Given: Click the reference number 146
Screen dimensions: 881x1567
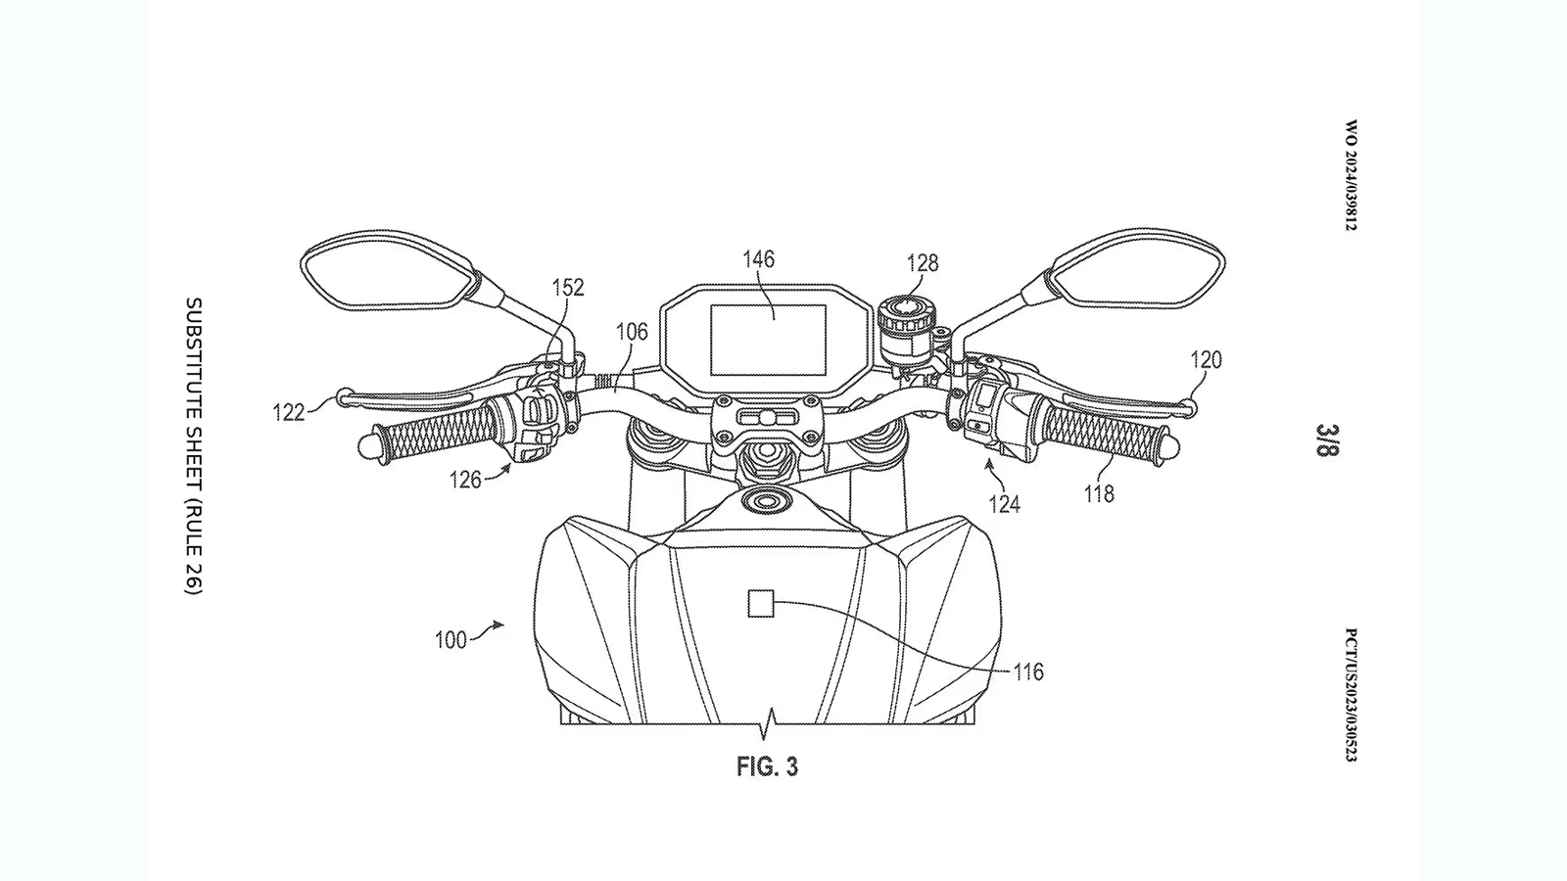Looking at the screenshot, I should (758, 259).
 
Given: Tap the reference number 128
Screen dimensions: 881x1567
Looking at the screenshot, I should (922, 262).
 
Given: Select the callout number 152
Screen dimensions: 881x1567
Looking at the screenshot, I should (568, 287).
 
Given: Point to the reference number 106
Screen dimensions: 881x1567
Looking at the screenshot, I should (632, 332).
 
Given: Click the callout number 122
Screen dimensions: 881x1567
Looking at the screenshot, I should (289, 413).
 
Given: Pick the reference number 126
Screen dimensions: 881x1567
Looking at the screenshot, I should (465, 479).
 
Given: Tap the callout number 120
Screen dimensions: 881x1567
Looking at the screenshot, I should (1206, 360).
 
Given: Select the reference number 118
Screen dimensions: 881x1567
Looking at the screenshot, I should (1099, 494).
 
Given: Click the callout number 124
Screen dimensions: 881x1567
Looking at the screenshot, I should (1004, 504).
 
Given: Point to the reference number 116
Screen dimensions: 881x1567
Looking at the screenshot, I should (1028, 672).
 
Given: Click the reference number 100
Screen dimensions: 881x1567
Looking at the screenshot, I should (451, 641).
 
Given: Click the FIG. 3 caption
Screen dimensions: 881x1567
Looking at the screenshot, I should (767, 766).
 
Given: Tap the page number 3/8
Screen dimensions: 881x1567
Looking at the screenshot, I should (1327, 440).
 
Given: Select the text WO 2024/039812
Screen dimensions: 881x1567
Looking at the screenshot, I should (1352, 176).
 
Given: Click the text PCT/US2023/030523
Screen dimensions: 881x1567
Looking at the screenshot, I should (1352, 695).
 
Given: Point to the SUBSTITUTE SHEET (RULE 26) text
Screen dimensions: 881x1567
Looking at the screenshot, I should (194, 445).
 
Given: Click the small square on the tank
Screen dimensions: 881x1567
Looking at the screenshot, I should (761, 604).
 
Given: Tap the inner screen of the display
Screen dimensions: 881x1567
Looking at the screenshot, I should (768, 340).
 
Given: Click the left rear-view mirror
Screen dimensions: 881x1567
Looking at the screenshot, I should (387, 269).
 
